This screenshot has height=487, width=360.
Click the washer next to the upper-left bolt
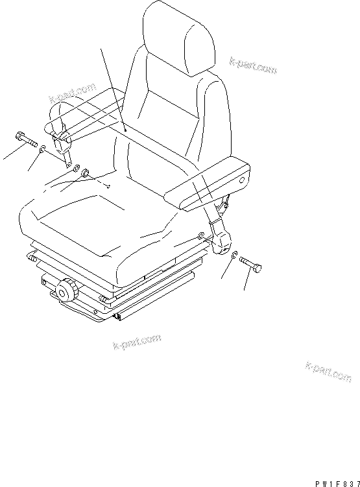(42, 151)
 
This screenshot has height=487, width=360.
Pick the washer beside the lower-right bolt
(235, 255)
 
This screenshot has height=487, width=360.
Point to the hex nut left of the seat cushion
(85, 174)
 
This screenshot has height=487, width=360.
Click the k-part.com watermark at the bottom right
(328, 371)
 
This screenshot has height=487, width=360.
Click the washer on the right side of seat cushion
(202, 234)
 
